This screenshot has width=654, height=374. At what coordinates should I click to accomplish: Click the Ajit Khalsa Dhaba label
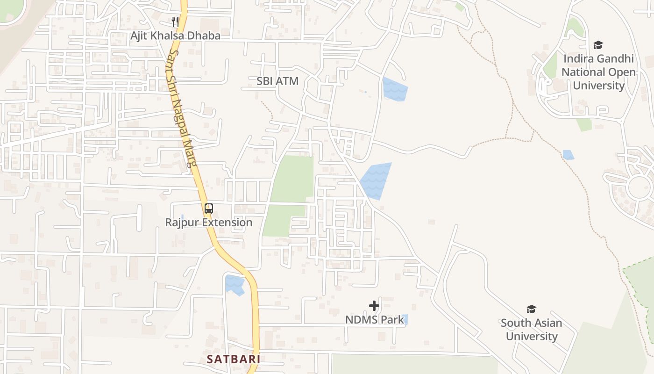click(x=175, y=36)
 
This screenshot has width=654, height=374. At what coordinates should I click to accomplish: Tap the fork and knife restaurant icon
click(x=175, y=22)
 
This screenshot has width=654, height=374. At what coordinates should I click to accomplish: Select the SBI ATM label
click(x=277, y=81)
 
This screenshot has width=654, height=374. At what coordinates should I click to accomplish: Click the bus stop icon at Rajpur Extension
click(x=209, y=209)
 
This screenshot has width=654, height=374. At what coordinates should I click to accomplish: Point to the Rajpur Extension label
click(x=209, y=222)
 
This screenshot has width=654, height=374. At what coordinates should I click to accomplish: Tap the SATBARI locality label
click(x=234, y=359)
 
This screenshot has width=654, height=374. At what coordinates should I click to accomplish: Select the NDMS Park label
click(x=375, y=320)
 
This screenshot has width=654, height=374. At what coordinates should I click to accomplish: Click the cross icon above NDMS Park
click(x=374, y=306)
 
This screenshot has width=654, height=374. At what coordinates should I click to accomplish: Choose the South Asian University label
click(x=532, y=329)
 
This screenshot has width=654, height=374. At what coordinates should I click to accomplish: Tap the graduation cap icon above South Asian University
click(x=531, y=309)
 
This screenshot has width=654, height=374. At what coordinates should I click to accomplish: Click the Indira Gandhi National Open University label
click(x=598, y=72)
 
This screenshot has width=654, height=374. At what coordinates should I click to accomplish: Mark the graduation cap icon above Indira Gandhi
click(x=598, y=45)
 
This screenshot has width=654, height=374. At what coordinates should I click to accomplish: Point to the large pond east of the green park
click(x=375, y=180)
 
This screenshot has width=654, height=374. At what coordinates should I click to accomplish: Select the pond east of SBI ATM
click(x=395, y=89)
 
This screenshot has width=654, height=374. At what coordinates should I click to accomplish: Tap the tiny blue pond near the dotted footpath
click(x=568, y=155)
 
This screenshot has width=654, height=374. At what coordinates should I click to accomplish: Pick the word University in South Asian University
click(x=532, y=336)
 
